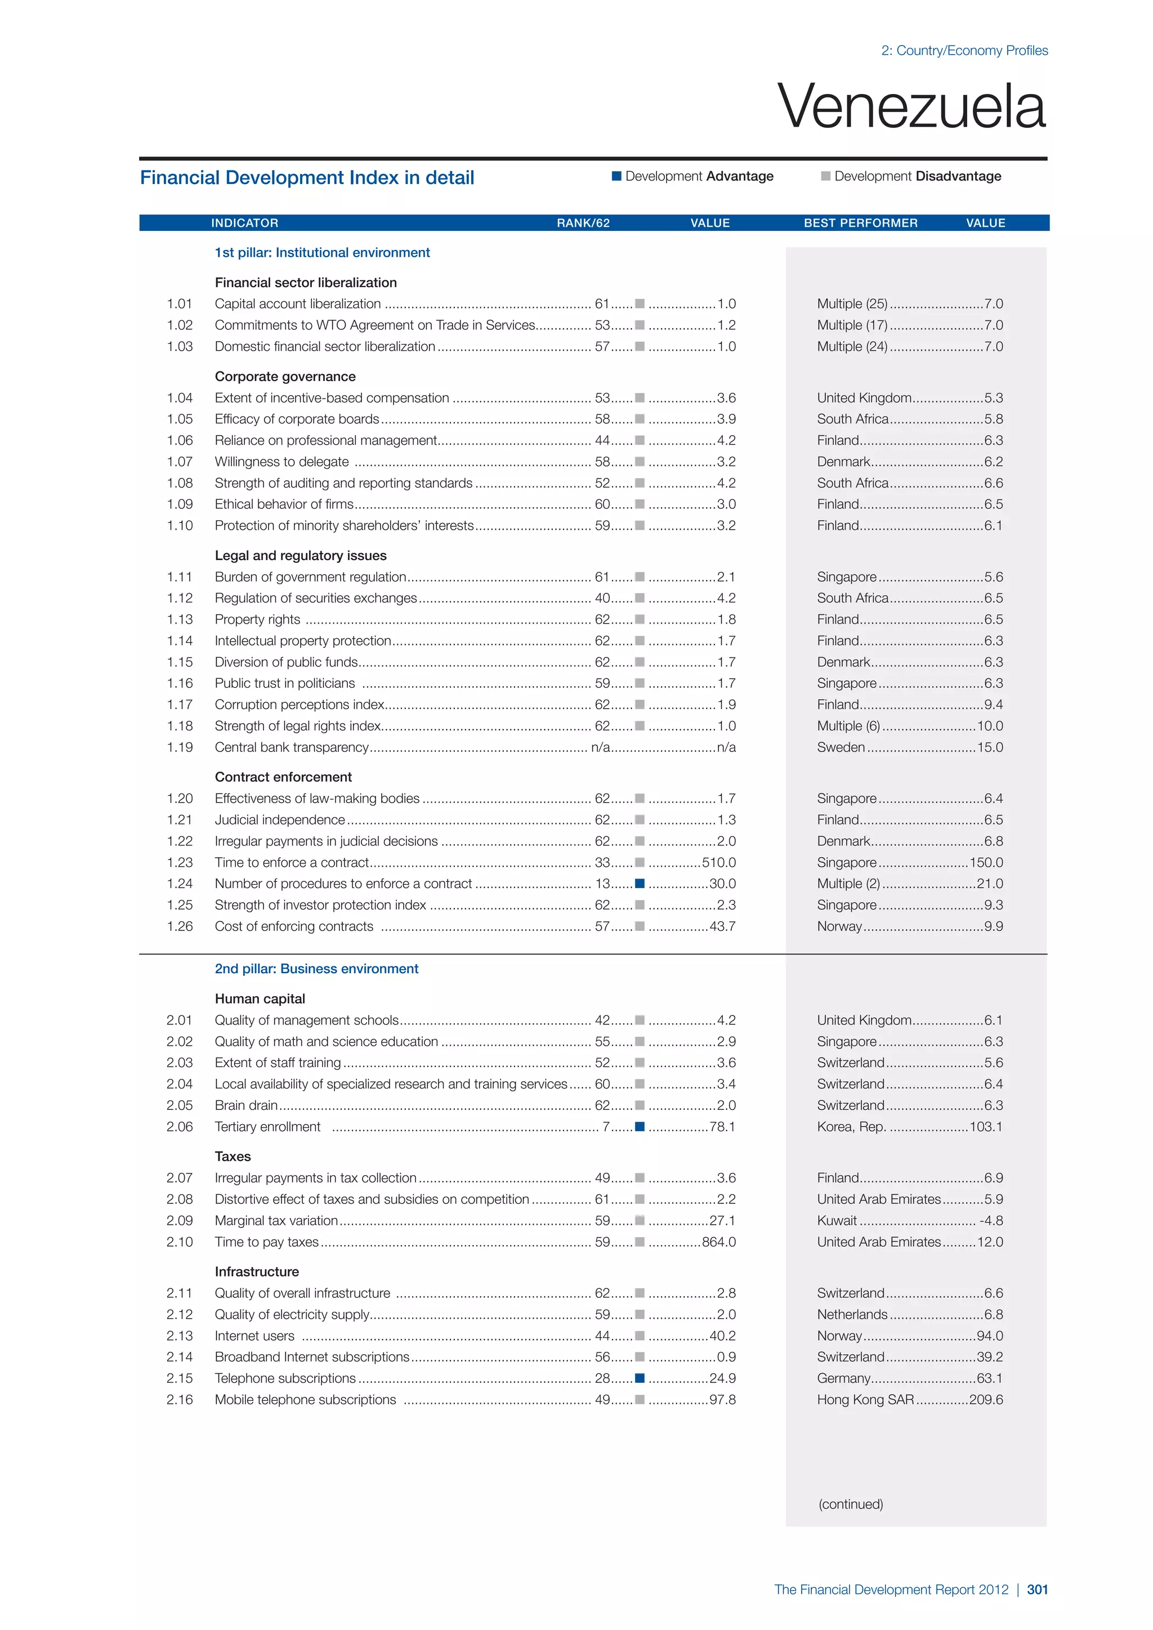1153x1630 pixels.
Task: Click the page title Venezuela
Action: (911, 106)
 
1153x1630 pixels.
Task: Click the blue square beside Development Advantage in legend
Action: (616, 176)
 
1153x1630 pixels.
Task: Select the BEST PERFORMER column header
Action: (860, 223)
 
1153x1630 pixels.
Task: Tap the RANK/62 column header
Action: (583, 223)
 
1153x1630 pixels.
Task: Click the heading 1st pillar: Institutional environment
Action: (323, 253)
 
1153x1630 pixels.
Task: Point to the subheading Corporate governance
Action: (285, 377)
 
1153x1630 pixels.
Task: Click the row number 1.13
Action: (180, 619)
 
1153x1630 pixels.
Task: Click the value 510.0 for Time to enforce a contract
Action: (718, 863)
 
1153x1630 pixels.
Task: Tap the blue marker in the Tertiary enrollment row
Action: (640, 1127)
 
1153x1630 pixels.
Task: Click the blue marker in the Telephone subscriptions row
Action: (640, 1378)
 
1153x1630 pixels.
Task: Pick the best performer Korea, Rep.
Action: (851, 1127)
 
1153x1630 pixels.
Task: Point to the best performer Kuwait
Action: (837, 1220)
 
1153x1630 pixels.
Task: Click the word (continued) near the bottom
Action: (851, 1503)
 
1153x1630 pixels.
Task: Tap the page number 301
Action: (1037, 1589)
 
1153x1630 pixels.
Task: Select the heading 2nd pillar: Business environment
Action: (316, 969)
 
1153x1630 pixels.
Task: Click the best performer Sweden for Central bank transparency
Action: (841, 747)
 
